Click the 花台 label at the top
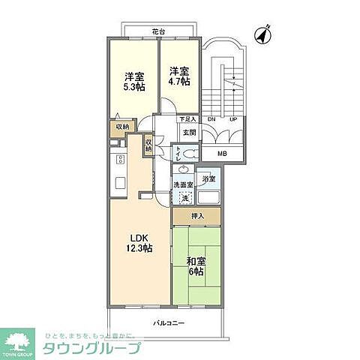(155, 32)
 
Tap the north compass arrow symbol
(262, 34)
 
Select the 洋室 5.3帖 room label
(133, 80)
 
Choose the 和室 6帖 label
(196, 266)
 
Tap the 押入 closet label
(196, 217)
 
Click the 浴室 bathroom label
(209, 178)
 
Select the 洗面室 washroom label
(184, 184)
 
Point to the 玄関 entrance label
(187, 132)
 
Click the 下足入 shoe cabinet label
(187, 118)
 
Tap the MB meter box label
(222, 154)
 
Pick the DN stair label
(211, 118)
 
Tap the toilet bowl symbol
(189, 153)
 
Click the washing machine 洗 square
(184, 198)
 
